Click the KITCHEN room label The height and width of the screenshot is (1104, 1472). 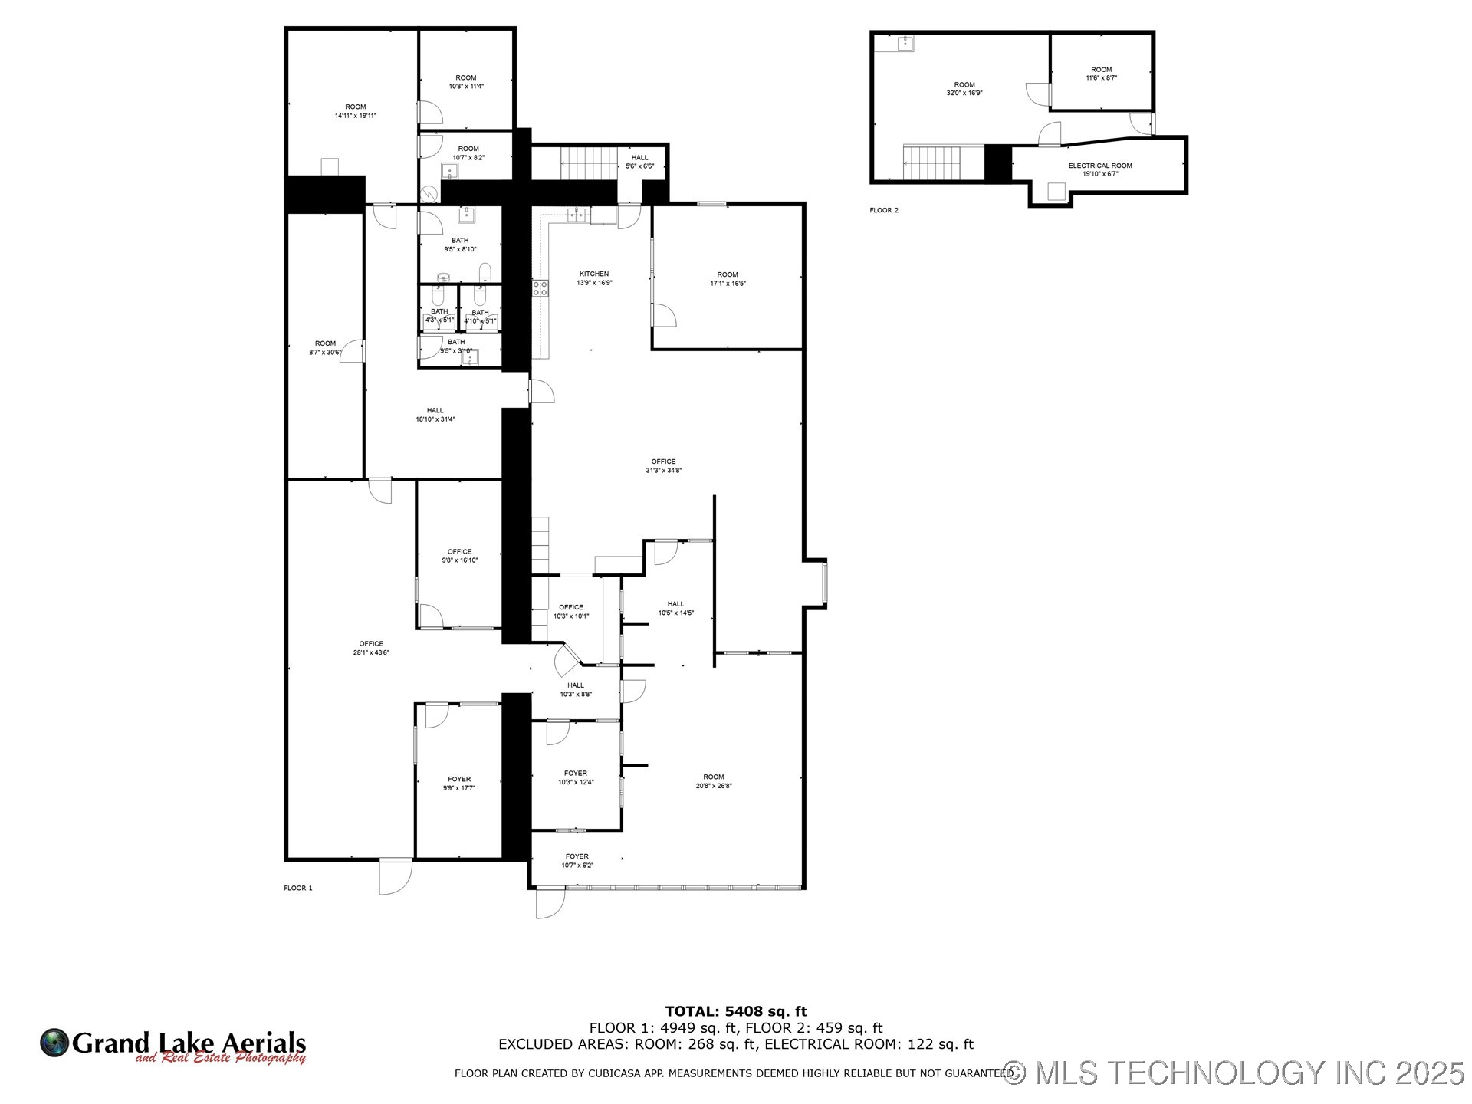[594, 274]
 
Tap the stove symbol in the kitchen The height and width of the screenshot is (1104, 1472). [540, 287]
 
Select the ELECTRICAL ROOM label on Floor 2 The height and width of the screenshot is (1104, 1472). [1100, 166]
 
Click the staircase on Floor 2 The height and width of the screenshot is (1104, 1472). [932, 163]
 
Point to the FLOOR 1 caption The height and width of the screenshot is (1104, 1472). [298, 888]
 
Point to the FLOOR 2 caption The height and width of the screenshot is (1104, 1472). [884, 210]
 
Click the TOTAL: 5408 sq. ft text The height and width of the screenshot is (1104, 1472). [735, 1011]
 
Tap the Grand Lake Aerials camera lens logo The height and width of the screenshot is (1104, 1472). [54, 1043]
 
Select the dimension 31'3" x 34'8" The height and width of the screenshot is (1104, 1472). [663, 471]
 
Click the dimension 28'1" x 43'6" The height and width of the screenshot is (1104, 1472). [371, 652]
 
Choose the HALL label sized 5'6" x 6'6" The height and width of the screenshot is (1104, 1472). [639, 158]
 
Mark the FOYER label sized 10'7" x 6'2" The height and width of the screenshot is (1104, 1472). [577, 856]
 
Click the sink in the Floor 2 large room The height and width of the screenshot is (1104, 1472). [905, 43]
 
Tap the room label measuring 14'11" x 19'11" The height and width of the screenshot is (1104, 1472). [355, 107]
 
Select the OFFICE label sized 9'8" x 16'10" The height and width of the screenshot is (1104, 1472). [459, 551]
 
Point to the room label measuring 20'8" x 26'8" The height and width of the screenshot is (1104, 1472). [713, 777]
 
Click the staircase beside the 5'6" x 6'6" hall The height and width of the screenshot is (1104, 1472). [589, 163]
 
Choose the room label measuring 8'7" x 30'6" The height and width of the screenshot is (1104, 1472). [325, 343]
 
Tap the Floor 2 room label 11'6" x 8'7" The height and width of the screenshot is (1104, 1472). [1101, 70]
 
